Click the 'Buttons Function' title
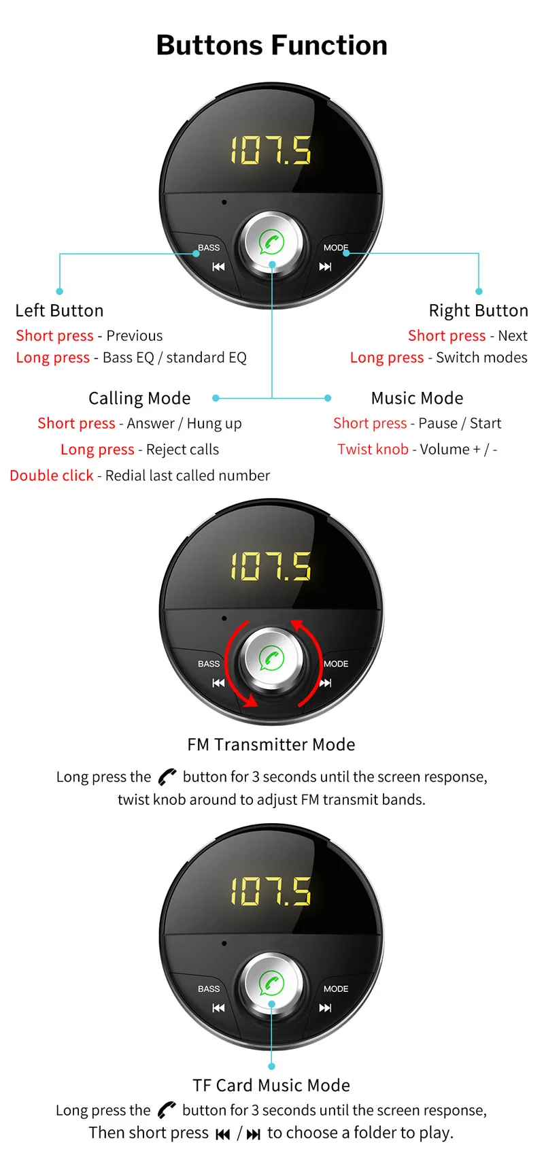coord(272,46)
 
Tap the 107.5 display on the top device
coord(271,150)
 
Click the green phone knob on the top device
coord(272,242)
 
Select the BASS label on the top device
coord(209,248)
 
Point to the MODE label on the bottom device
coord(336,988)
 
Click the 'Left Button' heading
coord(59,311)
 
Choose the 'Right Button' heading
coord(478,311)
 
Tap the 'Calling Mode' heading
coord(139,398)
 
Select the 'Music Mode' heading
coord(417,398)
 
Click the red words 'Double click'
coord(52,476)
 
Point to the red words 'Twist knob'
coord(373,449)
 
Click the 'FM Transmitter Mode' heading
coord(271,745)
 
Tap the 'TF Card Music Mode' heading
coord(271,1085)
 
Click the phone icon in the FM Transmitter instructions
coord(167,777)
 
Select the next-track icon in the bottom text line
coord(254,1134)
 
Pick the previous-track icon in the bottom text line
coord(222,1134)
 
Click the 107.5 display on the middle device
coord(271,566)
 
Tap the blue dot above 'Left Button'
coord(60,291)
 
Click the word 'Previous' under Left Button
coord(135,335)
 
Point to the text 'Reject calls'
coord(182,450)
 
